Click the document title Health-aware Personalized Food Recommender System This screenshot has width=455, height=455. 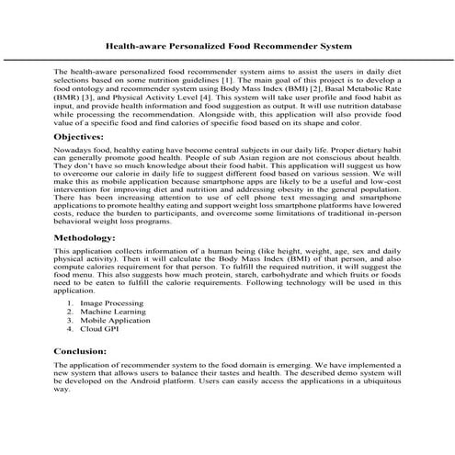(x=227, y=42)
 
